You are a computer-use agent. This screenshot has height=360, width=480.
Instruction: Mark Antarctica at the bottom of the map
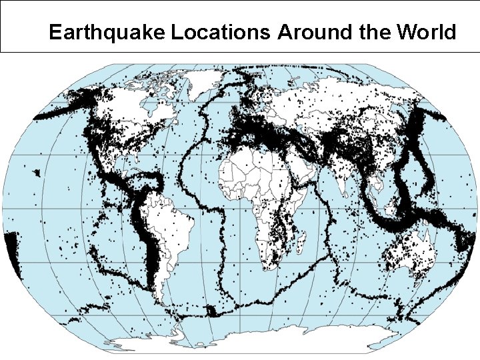pos(267,343)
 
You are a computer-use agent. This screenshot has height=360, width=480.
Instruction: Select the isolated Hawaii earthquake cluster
pos(36,173)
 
